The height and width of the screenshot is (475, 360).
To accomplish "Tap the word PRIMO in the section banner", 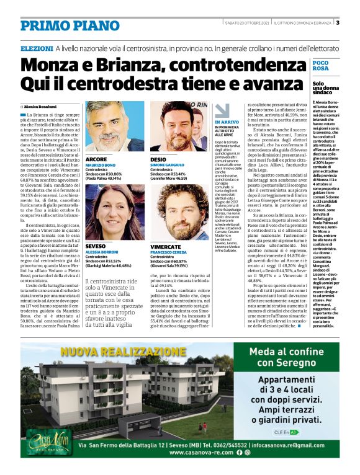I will [x=44, y=26].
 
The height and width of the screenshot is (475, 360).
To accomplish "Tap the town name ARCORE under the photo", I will [x=96, y=159].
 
